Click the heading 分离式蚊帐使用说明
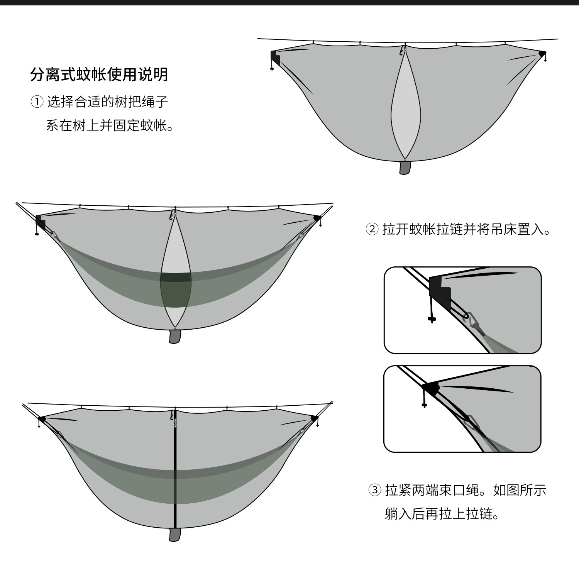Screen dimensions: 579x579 point(99,74)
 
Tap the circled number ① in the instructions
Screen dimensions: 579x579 point(37,102)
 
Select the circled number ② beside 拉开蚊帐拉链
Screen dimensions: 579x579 point(372,229)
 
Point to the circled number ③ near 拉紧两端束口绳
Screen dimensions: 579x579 point(375,490)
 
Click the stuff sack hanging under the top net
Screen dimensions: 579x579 point(405,168)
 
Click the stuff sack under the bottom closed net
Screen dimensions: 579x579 point(175,534)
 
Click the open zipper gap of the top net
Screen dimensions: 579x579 point(405,108)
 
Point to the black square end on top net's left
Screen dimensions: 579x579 point(275,58)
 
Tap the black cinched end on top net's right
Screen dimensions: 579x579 point(542,53)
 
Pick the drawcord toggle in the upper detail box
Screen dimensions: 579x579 point(432,319)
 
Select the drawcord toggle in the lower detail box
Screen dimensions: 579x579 point(425,405)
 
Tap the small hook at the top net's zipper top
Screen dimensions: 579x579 point(401,51)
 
